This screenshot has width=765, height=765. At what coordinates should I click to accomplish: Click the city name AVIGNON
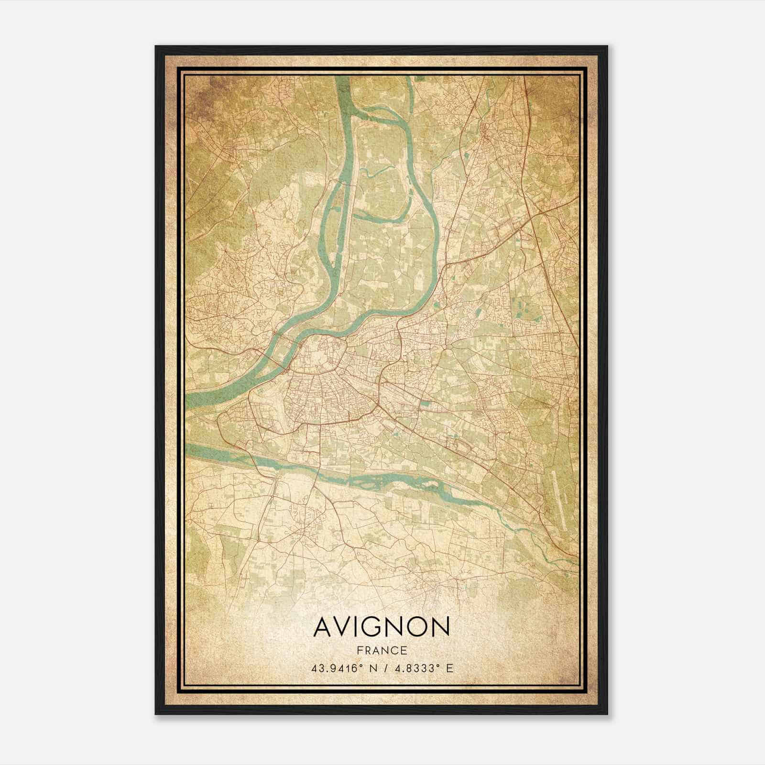382,626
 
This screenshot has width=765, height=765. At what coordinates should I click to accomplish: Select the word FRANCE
382,650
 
